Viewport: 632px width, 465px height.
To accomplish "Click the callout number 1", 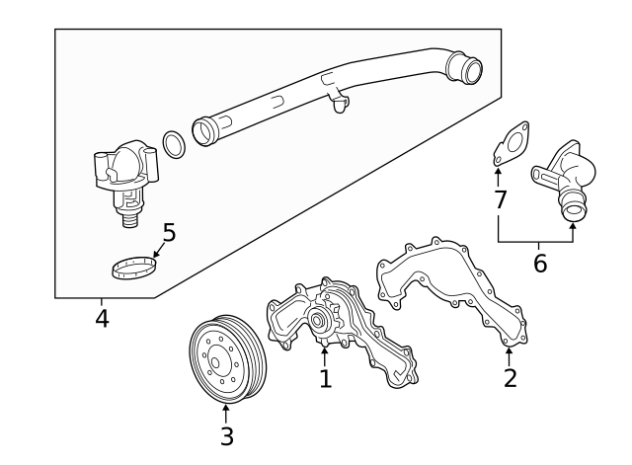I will (x=325, y=378).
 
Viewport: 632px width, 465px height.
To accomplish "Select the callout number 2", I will (x=510, y=377).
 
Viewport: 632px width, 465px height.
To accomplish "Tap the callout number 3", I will (x=226, y=435).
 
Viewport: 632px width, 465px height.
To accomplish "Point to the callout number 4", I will (x=102, y=318).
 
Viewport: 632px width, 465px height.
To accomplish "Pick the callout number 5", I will (x=169, y=233).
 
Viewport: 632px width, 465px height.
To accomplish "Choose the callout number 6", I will (x=539, y=264).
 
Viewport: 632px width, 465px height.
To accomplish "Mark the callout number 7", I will (x=501, y=199).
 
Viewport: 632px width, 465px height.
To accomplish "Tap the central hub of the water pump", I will (x=319, y=319).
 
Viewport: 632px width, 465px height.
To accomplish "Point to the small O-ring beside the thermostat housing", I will (x=173, y=145).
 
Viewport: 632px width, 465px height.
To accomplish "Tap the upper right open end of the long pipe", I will (x=465, y=69).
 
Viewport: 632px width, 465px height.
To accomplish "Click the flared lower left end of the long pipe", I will (x=203, y=129).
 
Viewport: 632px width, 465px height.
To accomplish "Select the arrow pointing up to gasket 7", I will (x=499, y=178).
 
